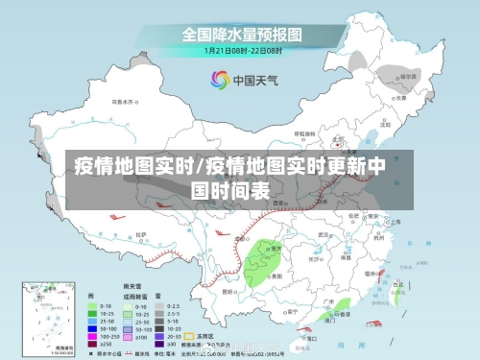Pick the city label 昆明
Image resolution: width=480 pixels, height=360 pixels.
pyautogui.click(x=228, y=290)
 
